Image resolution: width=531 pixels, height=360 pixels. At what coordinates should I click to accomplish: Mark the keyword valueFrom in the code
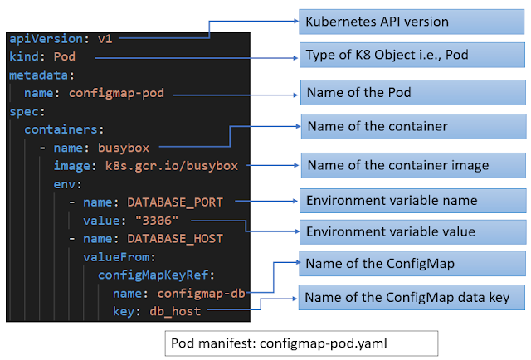pyautogui.click(x=115, y=256)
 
